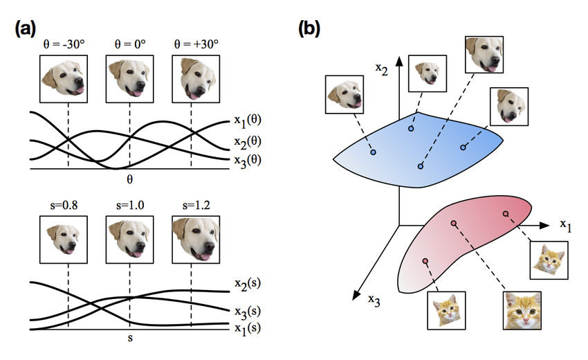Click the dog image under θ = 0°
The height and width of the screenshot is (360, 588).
point(129,78)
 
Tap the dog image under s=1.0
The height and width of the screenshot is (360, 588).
point(129,240)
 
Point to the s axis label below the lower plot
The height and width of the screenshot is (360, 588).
point(129,340)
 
